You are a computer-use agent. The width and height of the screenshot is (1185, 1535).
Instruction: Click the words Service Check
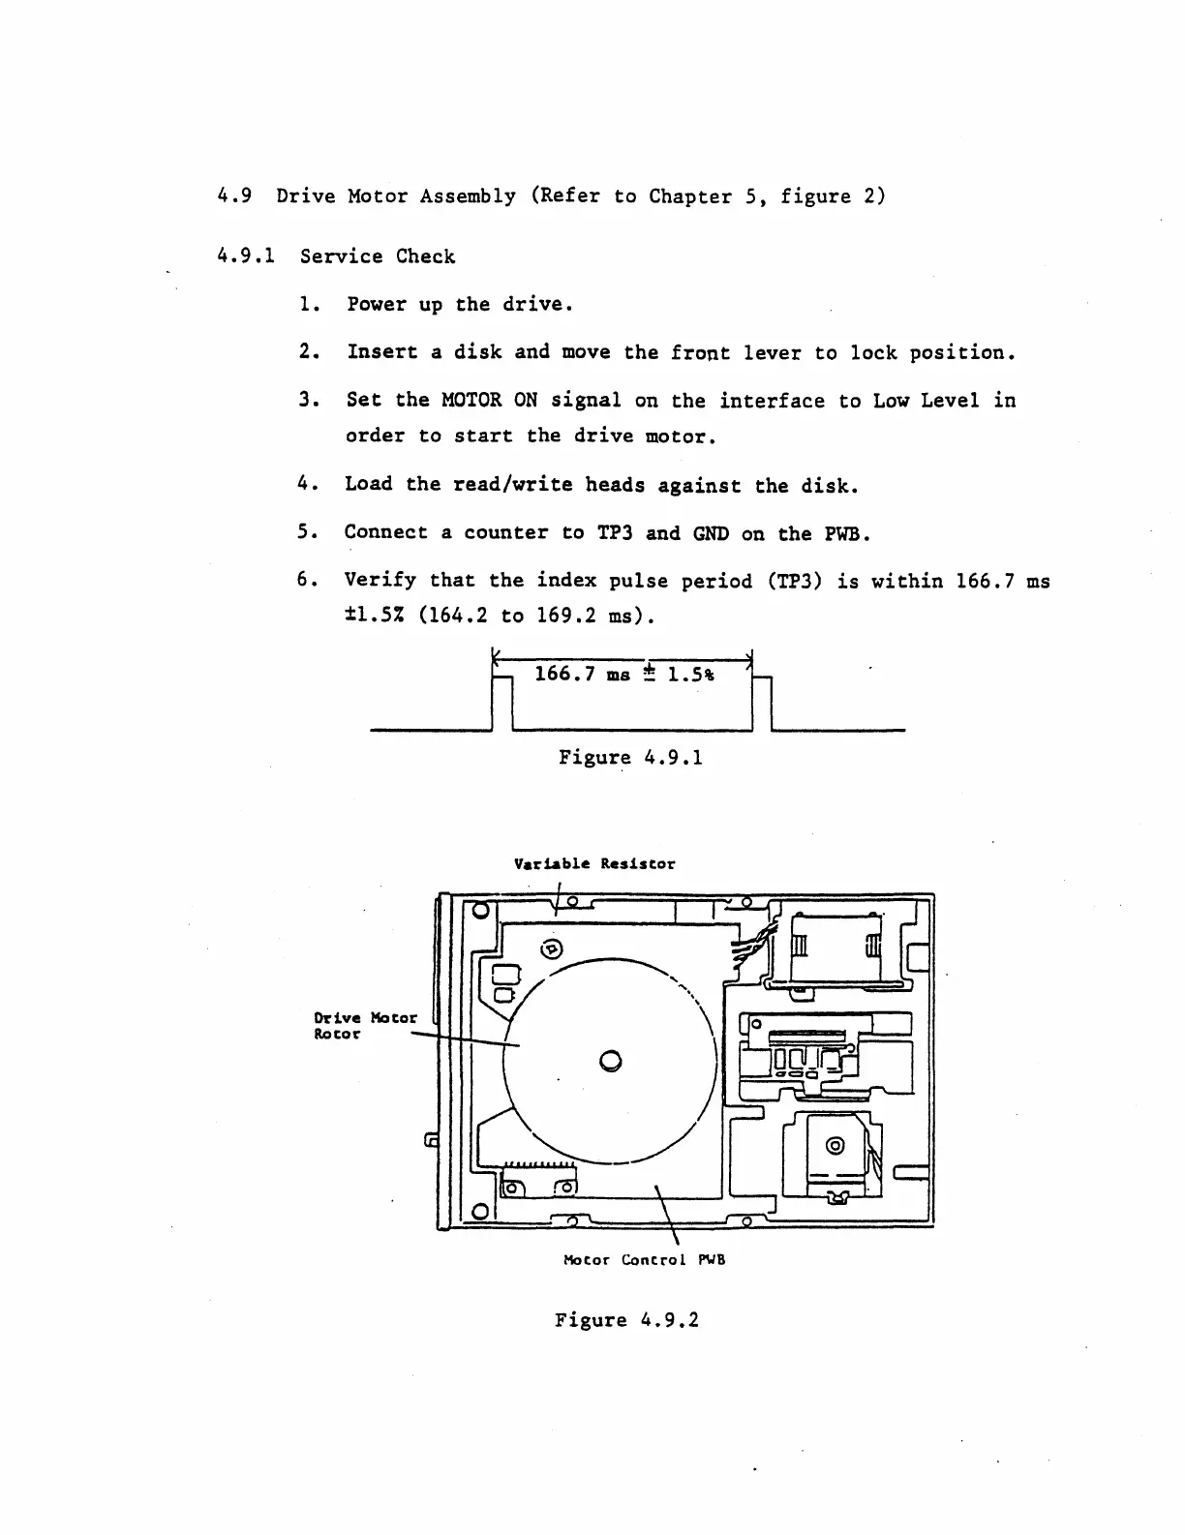tap(377, 256)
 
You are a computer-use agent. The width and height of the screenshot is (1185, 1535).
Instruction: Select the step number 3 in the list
tap(306, 401)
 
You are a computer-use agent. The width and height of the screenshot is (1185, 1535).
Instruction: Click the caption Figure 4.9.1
tap(630, 757)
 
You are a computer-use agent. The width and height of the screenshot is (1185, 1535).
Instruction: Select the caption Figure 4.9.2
tap(626, 1320)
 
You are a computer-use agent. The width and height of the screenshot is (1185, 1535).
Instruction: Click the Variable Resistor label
tap(594, 863)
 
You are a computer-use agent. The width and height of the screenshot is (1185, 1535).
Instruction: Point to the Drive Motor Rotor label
tap(365, 1025)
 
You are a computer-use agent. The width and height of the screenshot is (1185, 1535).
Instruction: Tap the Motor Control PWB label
tap(644, 1259)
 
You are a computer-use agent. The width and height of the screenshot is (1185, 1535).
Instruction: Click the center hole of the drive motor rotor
tap(610, 1061)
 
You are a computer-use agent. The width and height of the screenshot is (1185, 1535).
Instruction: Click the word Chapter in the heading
tap(689, 196)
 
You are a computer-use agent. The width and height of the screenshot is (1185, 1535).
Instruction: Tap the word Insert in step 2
tap(381, 352)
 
